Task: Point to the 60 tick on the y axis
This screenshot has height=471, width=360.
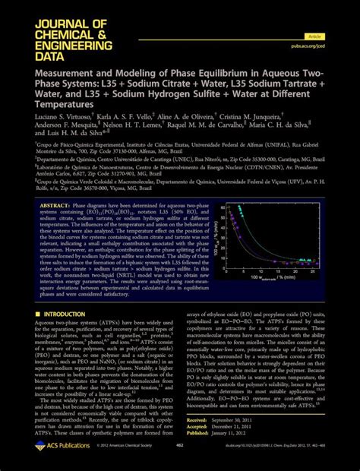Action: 225,227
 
